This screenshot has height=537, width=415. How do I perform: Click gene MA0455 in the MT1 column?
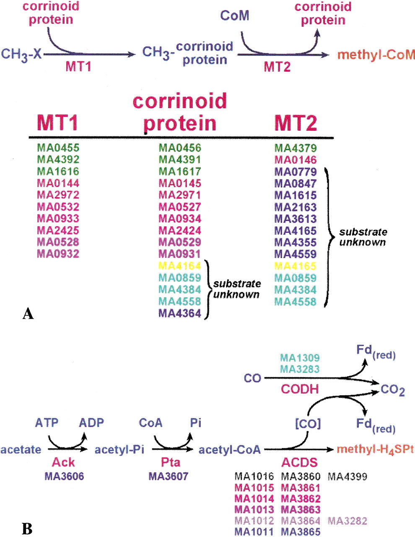coord(58,147)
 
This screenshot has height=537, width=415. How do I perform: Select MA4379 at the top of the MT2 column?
coord(295,148)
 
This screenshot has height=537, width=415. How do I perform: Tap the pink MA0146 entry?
coord(295,159)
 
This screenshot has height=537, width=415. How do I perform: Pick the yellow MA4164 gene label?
coord(180,266)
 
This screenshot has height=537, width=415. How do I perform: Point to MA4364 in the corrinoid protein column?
coord(180,313)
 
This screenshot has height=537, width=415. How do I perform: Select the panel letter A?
coord(28,313)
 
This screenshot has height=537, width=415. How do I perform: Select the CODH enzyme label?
coord(300,389)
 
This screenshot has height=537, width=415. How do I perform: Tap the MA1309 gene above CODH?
coord(300,358)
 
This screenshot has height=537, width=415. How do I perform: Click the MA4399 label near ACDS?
coord(348,476)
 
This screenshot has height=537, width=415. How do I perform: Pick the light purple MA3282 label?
coord(348,521)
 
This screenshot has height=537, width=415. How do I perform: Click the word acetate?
coord(21,450)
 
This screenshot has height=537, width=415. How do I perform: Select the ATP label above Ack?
coord(47,422)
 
